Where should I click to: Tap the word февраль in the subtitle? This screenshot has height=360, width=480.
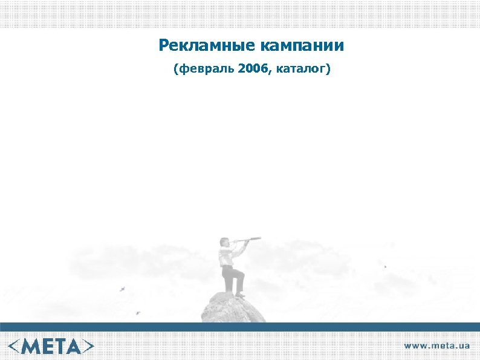[x=206, y=70]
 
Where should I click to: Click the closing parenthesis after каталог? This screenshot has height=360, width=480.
[x=328, y=70]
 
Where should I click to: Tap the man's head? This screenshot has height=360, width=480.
[x=225, y=242]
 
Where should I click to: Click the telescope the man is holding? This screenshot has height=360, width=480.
[x=249, y=241]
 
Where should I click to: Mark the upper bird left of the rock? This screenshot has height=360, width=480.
[x=123, y=289]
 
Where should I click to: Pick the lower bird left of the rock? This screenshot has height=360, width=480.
[x=137, y=313]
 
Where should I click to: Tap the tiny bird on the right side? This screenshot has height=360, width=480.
[x=385, y=266]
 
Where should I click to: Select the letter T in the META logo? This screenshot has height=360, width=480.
[x=60, y=346]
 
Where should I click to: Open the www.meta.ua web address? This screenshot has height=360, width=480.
[x=436, y=345]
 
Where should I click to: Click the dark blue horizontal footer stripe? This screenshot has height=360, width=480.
[x=240, y=327]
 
